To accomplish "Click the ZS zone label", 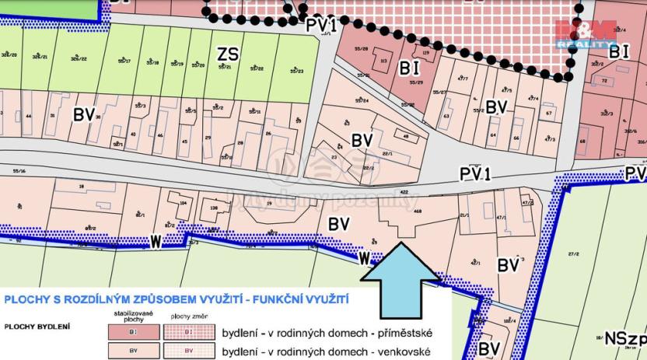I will point(229,54).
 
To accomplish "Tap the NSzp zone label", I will point(625,339).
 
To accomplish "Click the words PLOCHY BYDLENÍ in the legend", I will point(37,326).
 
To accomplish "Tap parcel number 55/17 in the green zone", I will point(125,61).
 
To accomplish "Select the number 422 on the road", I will point(403,190).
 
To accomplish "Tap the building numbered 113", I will point(384,60).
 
